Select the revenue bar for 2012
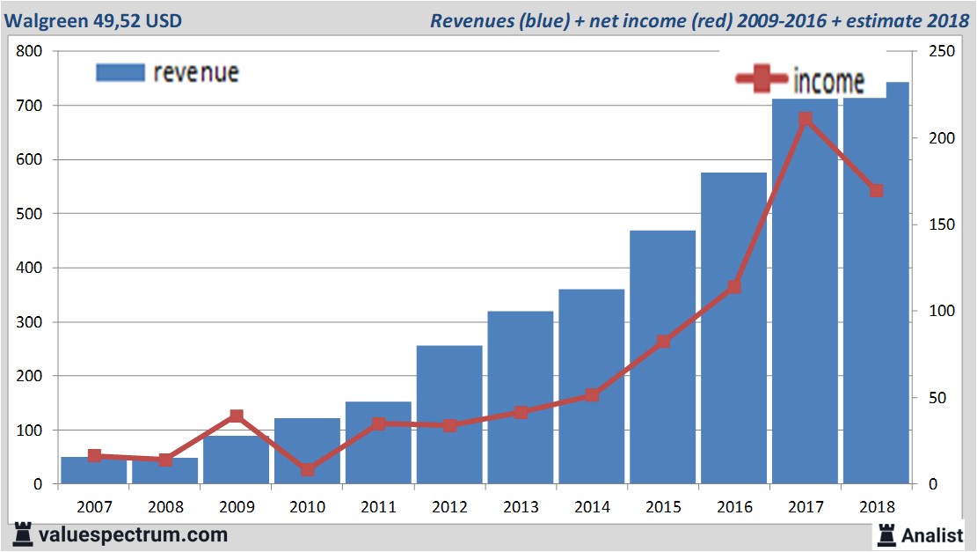click(x=449, y=414)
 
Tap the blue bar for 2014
click(x=591, y=387)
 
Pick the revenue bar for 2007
click(x=93, y=471)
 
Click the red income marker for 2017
click(x=805, y=119)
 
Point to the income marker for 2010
click(x=307, y=469)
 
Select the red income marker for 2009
click(x=236, y=416)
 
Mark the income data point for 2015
click(x=663, y=342)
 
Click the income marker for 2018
click(x=876, y=191)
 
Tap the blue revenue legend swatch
click(x=119, y=72)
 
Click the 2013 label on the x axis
click(x=521, y=507)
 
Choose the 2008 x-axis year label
click(x=164, y=507)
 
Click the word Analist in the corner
click(x=932, y=534)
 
